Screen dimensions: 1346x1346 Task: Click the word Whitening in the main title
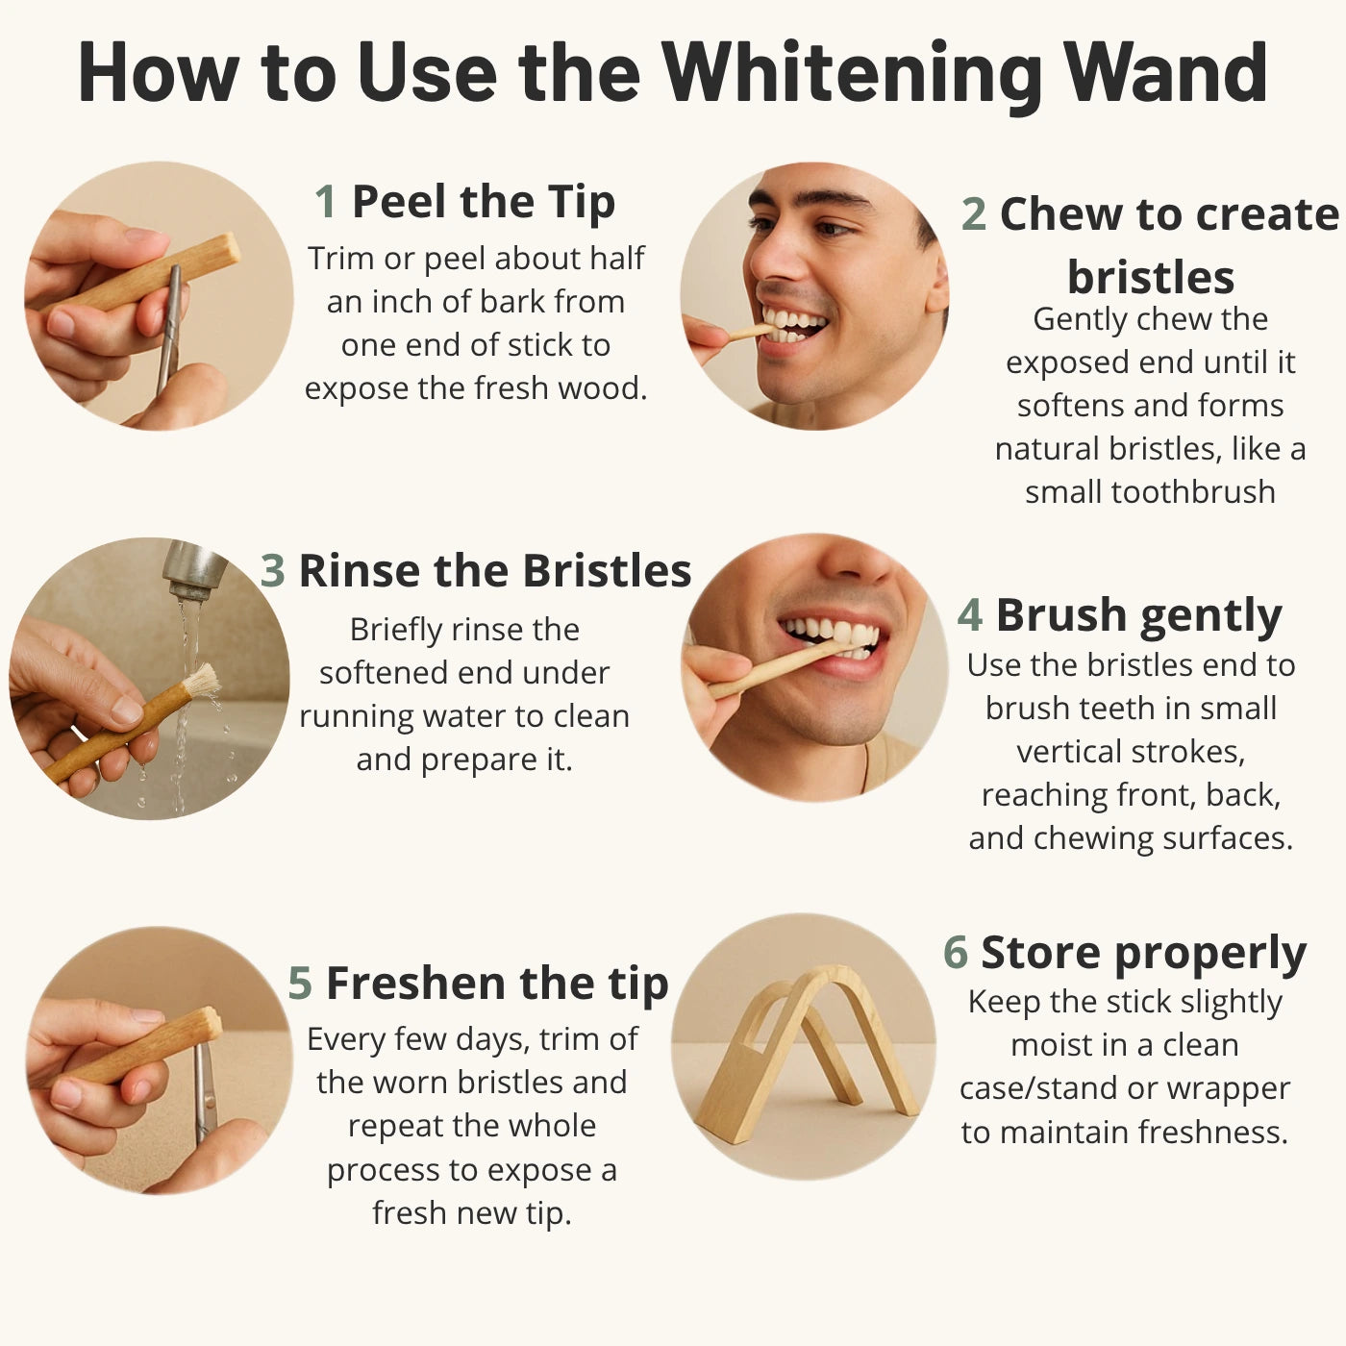pyautogui.click(x=852, y=73)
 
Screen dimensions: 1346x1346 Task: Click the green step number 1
pyautogui.click(x=326, y=202)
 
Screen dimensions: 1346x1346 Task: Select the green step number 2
pyautogui.click(x=974, y=213)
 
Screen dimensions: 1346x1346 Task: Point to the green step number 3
pyautogui.click(x=272, y=571)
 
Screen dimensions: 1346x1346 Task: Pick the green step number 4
pyautogui.click(x=970, y=614)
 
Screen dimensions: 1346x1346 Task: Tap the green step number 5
pyautogui.click(x=300, y=984)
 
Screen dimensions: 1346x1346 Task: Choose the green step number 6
pyautogui.click(x=956, y=952)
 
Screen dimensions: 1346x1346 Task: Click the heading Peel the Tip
pyautogui.click(x=484, y=203)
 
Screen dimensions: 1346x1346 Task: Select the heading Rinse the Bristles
pyautogui.click(x=494, y=571)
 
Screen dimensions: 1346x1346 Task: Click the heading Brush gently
pyautogui.click(x=1138, y=616)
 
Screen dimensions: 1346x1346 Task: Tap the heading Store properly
pyautogui.click(x=1143, y=954)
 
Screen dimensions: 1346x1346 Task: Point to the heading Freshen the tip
pyautogui.click(x=497, y=985)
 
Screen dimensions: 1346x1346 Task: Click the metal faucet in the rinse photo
pyautogui.click(x=193, y=569)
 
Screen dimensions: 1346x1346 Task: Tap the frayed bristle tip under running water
pyautogui.click(x=203, y=681)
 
